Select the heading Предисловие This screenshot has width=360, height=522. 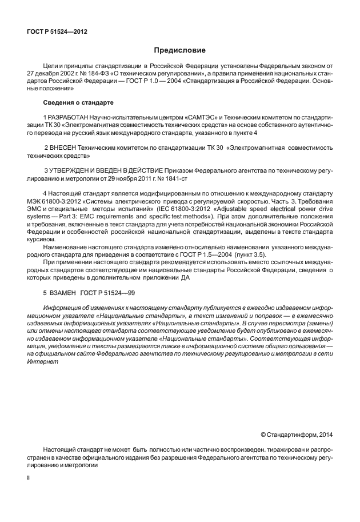179,51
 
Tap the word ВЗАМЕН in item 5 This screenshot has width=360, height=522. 62,292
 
